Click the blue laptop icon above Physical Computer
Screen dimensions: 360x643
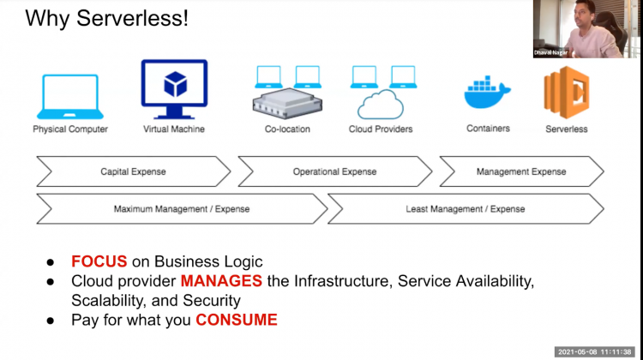point(70,97)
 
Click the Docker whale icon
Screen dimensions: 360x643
point(487,93)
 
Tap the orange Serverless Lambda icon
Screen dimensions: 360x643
point(566,91)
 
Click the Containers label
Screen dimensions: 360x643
point(488,129)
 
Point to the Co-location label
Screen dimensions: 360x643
point(287,129)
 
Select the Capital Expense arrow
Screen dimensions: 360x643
point(133,171)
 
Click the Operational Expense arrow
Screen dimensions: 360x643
point(334,171)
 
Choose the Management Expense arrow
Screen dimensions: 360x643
point(521,171)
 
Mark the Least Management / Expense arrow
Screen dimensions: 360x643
point(466,208)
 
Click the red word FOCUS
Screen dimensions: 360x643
point(99,261)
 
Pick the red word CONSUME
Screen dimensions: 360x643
point(237,320)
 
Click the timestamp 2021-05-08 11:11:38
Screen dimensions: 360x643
point(596,351)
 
